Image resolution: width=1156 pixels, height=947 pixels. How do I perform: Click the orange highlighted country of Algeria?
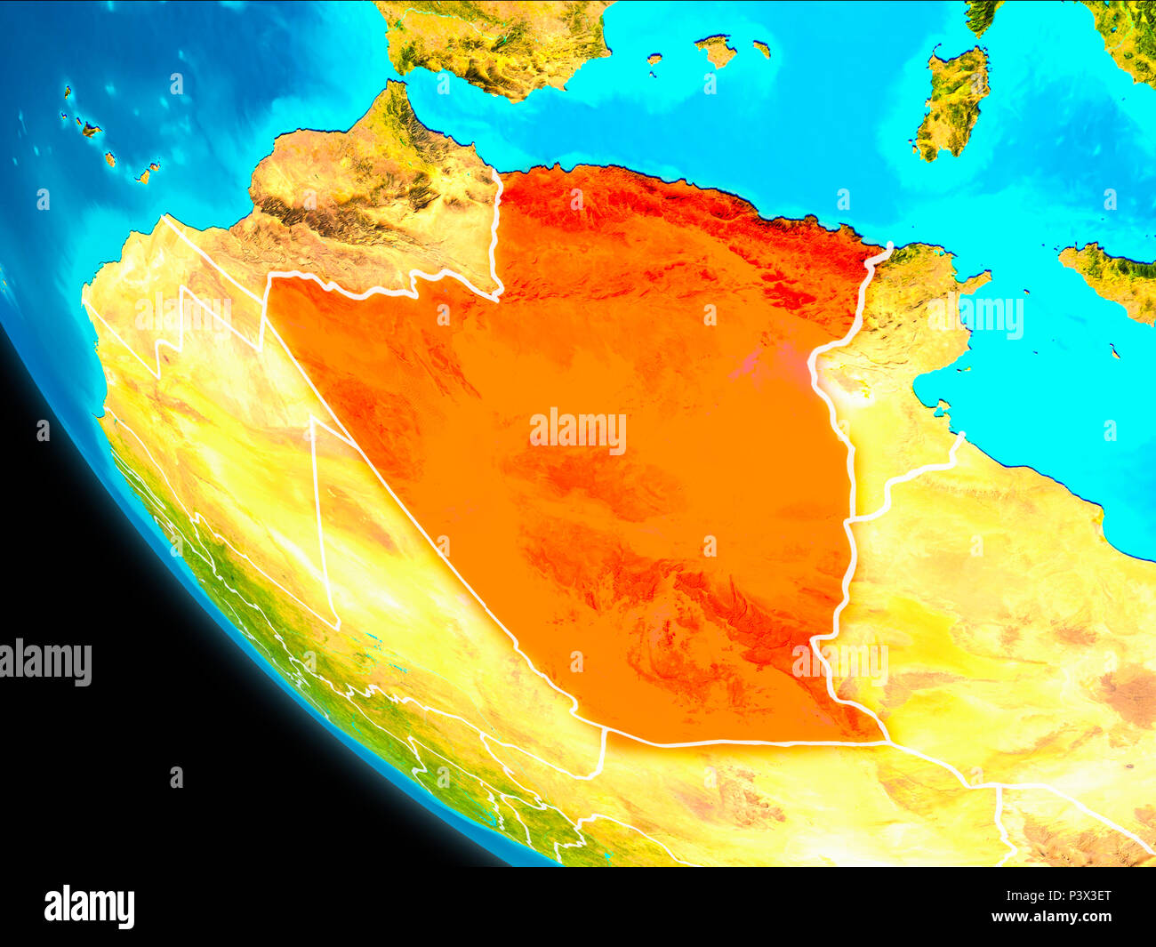622,498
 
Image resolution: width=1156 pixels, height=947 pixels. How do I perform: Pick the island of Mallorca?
716,51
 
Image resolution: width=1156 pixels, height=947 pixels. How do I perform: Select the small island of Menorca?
761,48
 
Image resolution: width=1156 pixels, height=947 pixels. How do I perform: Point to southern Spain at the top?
489,44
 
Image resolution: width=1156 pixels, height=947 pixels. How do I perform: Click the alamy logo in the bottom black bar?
89,907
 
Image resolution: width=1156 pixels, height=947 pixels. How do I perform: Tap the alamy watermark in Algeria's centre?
578,431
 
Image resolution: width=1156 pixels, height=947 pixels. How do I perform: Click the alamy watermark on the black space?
46,662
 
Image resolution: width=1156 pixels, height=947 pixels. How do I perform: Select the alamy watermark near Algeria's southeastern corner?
840,662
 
